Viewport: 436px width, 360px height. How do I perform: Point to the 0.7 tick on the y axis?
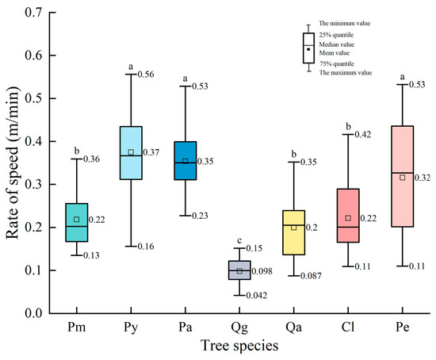35,13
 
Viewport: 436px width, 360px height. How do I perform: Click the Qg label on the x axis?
239,327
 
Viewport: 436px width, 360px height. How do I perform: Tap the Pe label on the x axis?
402,327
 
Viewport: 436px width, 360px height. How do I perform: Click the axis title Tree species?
239,346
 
